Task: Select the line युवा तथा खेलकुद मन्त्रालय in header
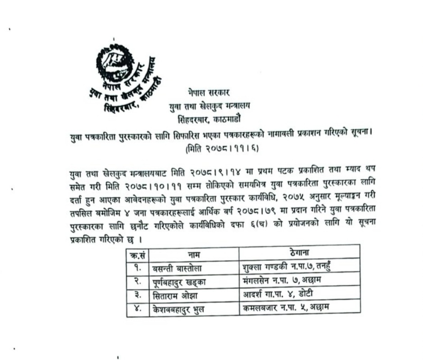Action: pos(210,107)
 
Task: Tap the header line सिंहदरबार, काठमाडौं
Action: pos(210,120)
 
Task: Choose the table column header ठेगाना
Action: pos(299,253)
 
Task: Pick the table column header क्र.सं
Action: pos(136,255)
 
